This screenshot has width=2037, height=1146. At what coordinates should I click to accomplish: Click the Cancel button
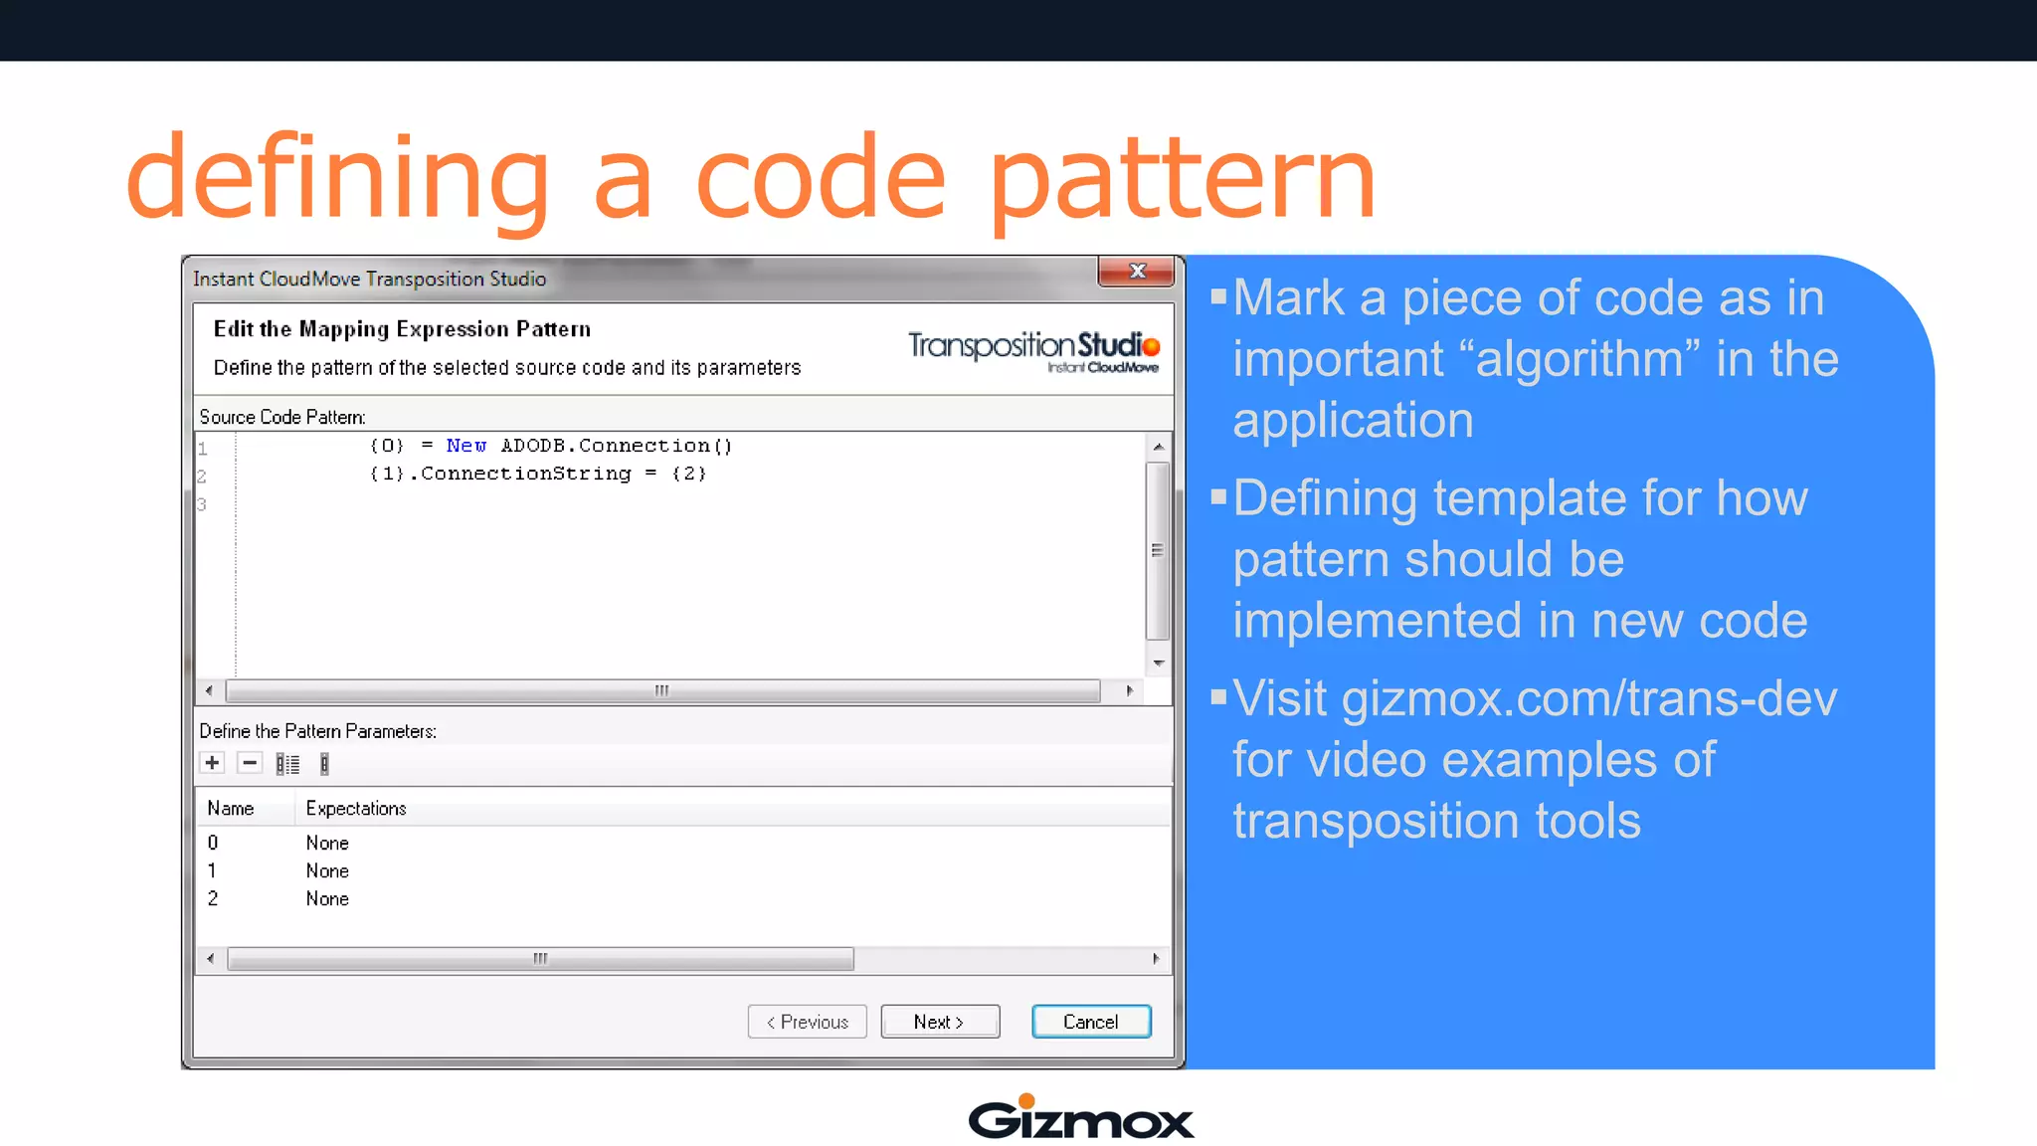click(1091, 1022)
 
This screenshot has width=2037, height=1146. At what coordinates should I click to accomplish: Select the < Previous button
click(807, 1022)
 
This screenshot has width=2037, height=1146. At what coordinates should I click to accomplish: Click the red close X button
click(1137, 271)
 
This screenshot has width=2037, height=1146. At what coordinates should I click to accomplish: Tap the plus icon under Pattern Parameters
click(212, 763)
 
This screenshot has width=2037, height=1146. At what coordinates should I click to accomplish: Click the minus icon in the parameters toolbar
click(250, 763)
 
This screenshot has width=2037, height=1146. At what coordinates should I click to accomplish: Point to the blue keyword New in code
click(465, 446)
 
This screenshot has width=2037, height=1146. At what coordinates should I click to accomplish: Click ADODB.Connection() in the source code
click(616, 446)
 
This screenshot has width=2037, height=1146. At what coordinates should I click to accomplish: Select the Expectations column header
click(356, 809)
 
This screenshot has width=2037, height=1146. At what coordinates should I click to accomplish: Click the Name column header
click(231, 809)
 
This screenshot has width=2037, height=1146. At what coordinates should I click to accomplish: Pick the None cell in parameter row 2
click(327, 898)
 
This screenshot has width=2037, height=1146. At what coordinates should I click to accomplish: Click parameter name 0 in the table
click(213, 843)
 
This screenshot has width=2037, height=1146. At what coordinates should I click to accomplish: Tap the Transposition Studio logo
click(1033, 350)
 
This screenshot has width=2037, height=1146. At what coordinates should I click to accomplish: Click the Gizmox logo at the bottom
click(1080, 1118)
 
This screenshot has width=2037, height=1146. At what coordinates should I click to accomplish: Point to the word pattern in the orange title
click(1182, 179)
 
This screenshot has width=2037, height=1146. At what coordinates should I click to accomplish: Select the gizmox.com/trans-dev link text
click(1588, 698)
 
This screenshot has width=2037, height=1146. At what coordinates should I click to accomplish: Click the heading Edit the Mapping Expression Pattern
click(402, 329)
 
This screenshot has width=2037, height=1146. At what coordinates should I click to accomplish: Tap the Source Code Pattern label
click(282, 417)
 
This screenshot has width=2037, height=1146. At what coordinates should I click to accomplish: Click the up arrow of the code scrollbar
click(1158, 447)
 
